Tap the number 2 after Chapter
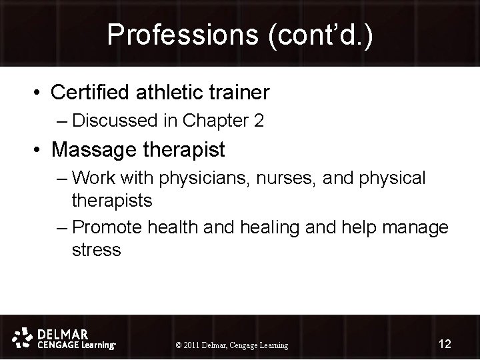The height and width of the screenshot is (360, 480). point(259,121)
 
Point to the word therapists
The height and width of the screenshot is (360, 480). point(112,199)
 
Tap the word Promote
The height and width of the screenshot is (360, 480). point(107,227)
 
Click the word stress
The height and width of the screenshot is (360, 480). point(96,250)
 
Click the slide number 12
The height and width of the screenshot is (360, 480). point(445,344)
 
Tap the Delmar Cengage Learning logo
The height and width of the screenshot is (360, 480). point(65,339)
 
